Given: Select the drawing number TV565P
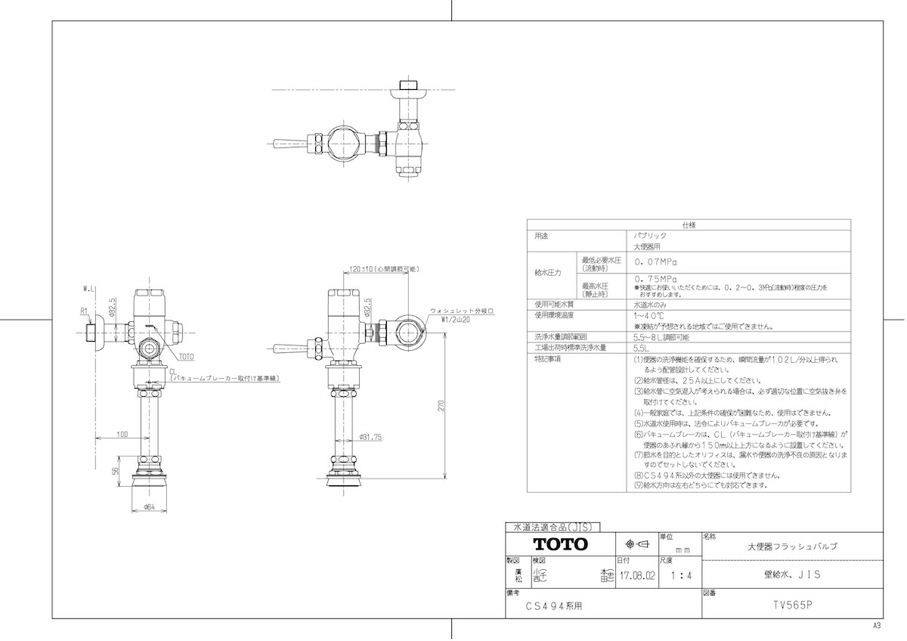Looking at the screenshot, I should (x=791, y=605).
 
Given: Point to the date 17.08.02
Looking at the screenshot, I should (x=637, y=576).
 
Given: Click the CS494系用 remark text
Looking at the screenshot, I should (x=555, y=606).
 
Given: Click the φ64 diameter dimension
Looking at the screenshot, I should (x=149, y=507).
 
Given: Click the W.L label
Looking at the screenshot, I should (x=88, y=288).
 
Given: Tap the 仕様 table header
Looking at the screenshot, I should (x=689, y=225).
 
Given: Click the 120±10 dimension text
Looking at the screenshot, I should (x=364, y=269).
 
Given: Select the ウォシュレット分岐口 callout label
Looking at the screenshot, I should (x=461, y=311).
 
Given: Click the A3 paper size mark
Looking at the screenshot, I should (x=877, y=626).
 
